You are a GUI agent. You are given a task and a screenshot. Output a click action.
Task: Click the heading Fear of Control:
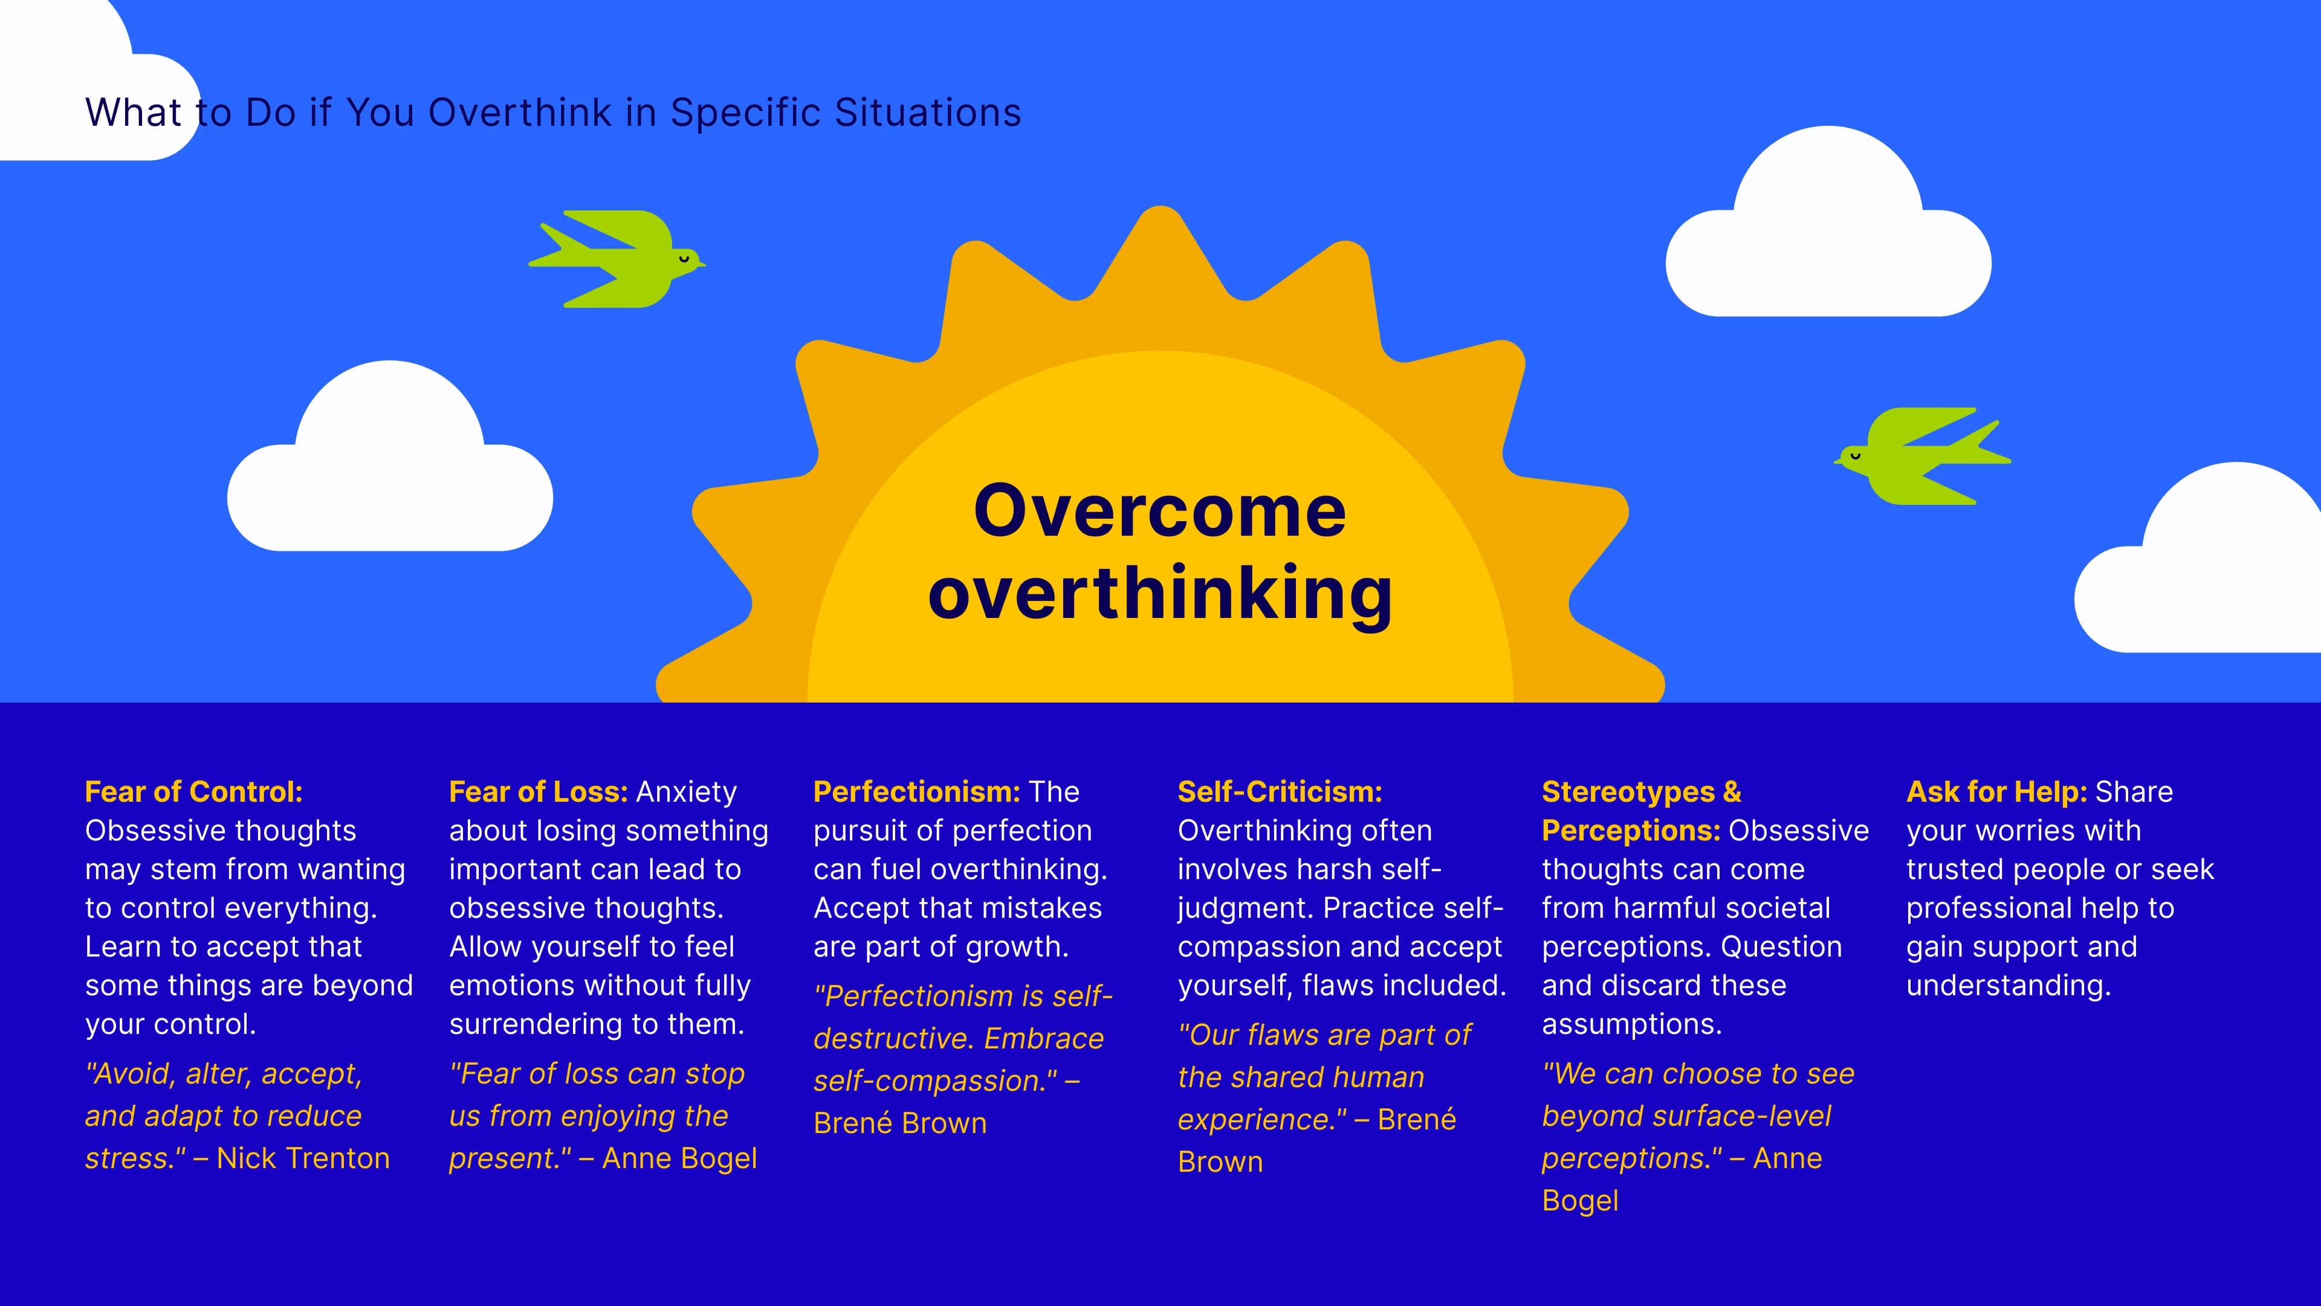point(193,791)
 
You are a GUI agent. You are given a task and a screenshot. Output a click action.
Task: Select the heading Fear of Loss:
point(538,791)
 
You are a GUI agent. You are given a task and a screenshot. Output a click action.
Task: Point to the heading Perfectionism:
point(916,791)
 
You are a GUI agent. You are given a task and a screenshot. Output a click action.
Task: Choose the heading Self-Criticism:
point(1280,791)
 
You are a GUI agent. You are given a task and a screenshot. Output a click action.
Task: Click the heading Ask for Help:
point(1996,791)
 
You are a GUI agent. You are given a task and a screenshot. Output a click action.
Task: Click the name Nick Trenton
point(303,1158)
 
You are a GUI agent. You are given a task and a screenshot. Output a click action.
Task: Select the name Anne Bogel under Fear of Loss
point(679,1158)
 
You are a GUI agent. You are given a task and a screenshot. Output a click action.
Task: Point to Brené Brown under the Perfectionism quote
point(899,1123)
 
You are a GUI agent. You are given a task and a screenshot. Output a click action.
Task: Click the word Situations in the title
point(928,112)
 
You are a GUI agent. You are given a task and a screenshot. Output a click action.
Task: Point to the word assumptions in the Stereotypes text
point(1631,1024)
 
